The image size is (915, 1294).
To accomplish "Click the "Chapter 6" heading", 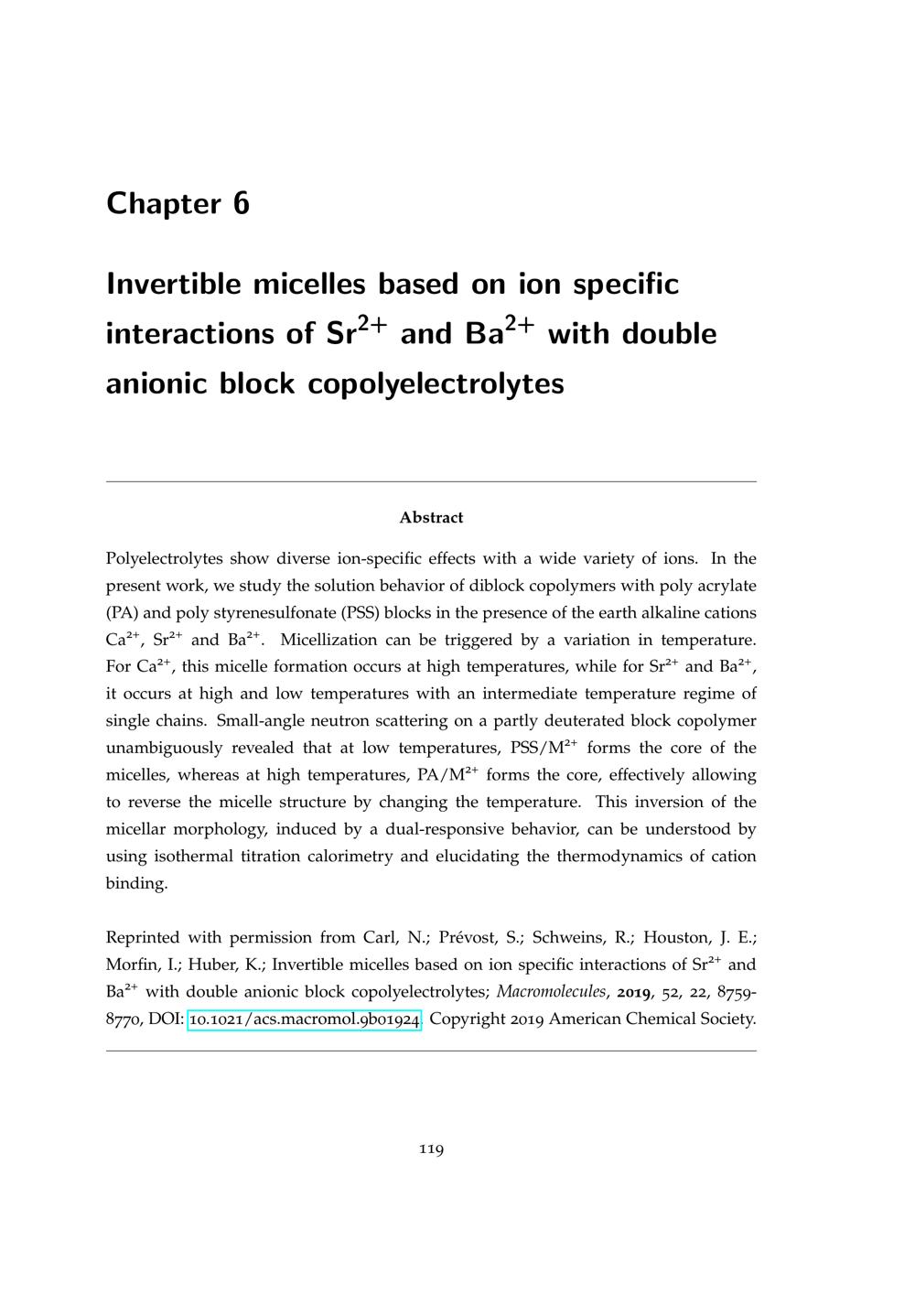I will click(178, 203).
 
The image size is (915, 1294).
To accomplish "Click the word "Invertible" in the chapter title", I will click(173, 284).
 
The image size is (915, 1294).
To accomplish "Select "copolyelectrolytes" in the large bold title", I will click(436, 383).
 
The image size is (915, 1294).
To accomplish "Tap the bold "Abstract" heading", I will click(431, 518).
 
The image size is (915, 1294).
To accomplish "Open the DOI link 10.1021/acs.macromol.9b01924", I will click(305, 1019).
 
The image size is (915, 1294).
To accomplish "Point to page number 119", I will click(431, 1149).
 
